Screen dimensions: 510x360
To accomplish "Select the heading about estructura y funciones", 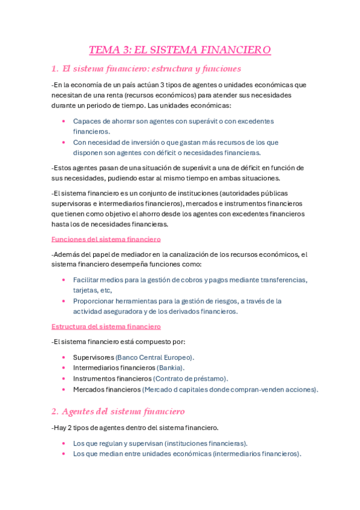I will [x=146, y=69].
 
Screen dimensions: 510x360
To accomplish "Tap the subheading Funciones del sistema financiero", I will [x=106, y=239].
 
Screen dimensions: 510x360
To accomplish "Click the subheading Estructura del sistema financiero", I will [x=106, y=327].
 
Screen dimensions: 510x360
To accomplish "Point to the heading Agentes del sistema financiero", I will [x=118, y=411].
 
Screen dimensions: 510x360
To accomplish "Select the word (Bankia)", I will [x=170, y=367].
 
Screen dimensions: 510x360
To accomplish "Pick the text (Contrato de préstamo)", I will [x=191, y=378].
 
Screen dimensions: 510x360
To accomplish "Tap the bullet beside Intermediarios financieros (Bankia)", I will [x=64, y=367].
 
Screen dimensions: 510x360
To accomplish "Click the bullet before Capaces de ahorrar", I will [x=64, y=121].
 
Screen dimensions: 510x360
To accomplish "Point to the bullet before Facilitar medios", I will [x=64, y=280].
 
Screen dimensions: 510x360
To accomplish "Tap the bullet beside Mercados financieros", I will [x=64, y=389].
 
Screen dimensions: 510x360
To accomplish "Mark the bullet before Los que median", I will [x=64, y=453].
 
